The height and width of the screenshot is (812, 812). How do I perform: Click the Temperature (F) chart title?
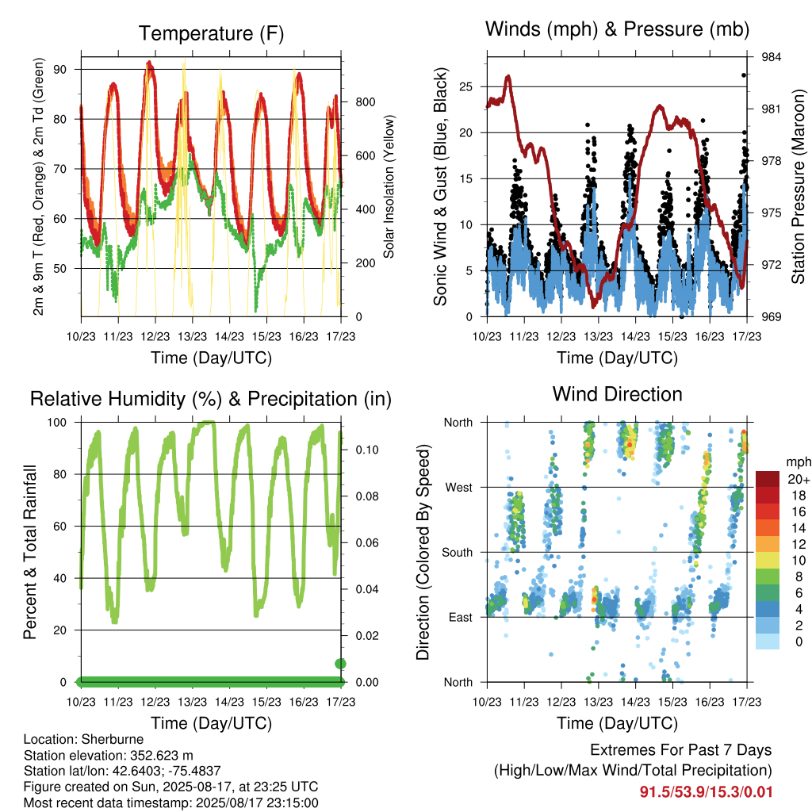[x=211, y=33]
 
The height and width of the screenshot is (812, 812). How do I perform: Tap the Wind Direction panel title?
[x=617, y=394]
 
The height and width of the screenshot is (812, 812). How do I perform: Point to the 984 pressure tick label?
[x=771, y=57]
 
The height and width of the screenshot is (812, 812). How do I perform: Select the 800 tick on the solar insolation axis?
[x=365, y=102]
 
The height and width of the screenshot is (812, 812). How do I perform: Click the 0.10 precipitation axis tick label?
[x=367, y=450]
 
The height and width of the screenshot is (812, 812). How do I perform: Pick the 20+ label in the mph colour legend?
[x=799, y=479]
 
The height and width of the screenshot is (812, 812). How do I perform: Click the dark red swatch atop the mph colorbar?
[x=768, y=479]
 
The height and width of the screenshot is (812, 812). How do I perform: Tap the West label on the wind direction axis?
[x=458, y=488]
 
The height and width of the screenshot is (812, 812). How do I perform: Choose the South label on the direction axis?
[x=458, y=553]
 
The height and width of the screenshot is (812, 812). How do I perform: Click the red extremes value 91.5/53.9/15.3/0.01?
[x=706, y=792]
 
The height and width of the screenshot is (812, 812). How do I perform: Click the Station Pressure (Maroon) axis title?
[x=798, y=186]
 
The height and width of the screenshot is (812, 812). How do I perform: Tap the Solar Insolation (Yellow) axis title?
[x=389, y=186]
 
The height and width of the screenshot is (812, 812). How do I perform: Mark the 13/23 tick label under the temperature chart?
[x=192, y=336]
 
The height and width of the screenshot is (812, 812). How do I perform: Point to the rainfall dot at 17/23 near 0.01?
[x=340, y=664]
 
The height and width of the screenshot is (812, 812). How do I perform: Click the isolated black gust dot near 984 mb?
[x=744, y=75]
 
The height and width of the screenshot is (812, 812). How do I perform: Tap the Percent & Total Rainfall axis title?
[x=30, y=552]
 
